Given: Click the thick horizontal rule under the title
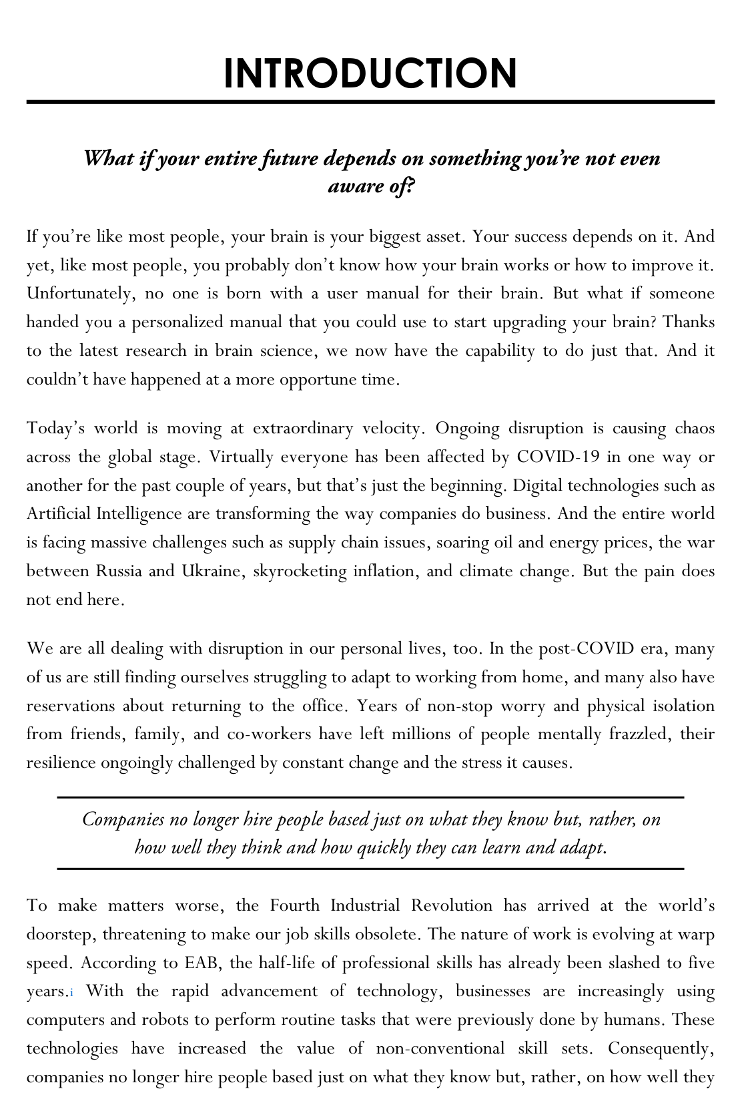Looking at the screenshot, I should (x=370, y=102).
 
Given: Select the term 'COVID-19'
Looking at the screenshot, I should (x=559, y=457).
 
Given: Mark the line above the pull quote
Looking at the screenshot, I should (x=370, y=797).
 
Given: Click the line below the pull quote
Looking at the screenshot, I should (x=370, y=869).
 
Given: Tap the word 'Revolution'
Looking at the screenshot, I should (x=452, y=905).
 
